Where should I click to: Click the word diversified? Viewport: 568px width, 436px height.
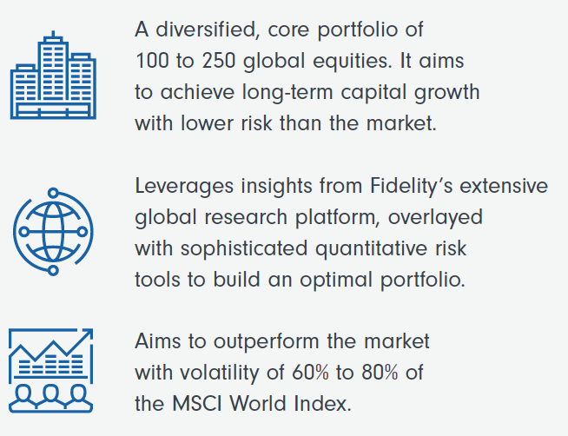[x=207, y=30]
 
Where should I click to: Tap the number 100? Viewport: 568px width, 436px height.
[x=152, y=61]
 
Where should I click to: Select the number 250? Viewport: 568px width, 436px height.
[x=219, y=61]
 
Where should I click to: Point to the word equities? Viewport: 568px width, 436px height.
[x=353, y=62]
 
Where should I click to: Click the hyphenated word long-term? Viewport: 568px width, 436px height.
[x=287, y=92]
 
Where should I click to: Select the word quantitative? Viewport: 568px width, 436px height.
[x=372, y=249]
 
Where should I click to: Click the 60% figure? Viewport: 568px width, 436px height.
[x=310, y=373]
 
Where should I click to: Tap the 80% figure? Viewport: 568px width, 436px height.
[x=380, y=373]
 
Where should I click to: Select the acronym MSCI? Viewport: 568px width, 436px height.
[x=196, y=403]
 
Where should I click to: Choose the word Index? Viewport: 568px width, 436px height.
[x=323, y=403]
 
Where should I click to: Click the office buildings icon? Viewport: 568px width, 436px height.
[x=53, y=76]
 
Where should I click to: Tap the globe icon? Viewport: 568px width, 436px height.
[x=53, y=232]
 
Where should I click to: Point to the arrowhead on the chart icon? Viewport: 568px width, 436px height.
[x=88, y=334]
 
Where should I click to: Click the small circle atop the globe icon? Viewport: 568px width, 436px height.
[x=53, y=193]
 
